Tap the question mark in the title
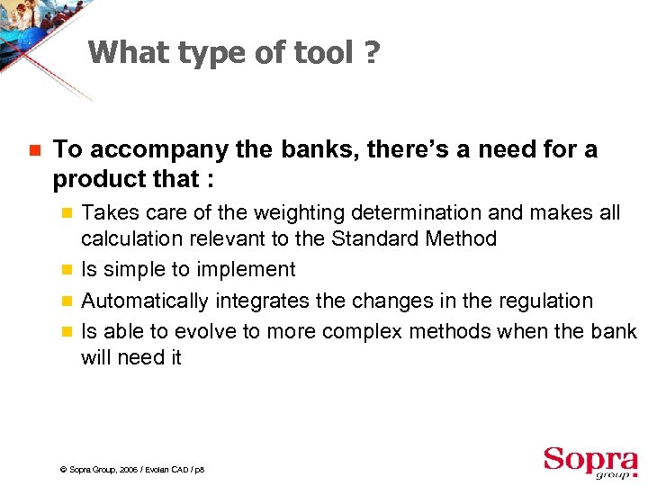[372, 53]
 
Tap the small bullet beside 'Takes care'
[64, 213]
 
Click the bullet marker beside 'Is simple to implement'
[64, 270]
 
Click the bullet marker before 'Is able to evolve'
[64, 331]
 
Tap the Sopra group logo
[589, 462]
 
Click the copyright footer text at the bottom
[131, 470]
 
